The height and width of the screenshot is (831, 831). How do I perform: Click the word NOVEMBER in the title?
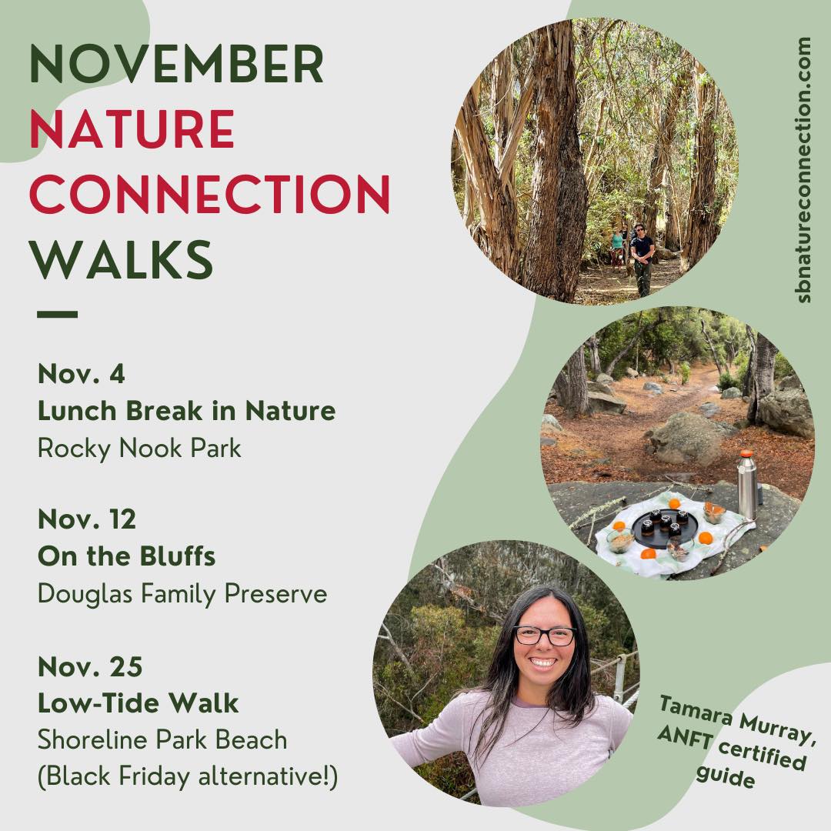click(176, 64)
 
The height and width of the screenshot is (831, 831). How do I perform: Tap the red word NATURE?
click(132, 128)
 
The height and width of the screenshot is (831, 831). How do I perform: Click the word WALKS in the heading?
click(122, 259)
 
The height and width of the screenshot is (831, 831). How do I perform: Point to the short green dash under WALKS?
click(57, 314)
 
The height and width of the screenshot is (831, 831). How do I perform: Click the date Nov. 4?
click(81, 374)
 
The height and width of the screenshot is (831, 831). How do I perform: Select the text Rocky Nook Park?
click(139, 449)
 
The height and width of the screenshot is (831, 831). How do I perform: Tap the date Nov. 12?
click(87, 519)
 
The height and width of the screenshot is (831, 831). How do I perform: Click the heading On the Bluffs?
click(127, 556)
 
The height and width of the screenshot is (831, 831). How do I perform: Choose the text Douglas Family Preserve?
click(182, 593)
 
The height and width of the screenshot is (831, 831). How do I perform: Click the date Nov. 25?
click(90, 666)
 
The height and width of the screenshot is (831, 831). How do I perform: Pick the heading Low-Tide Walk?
click(138, 703)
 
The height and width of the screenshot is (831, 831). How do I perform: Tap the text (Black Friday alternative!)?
click(188, 777)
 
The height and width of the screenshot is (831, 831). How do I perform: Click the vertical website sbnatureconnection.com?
click(803, 170)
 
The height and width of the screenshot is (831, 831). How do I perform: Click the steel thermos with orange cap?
click(746, 485)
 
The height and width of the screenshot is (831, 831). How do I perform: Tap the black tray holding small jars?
click(665, 528)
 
